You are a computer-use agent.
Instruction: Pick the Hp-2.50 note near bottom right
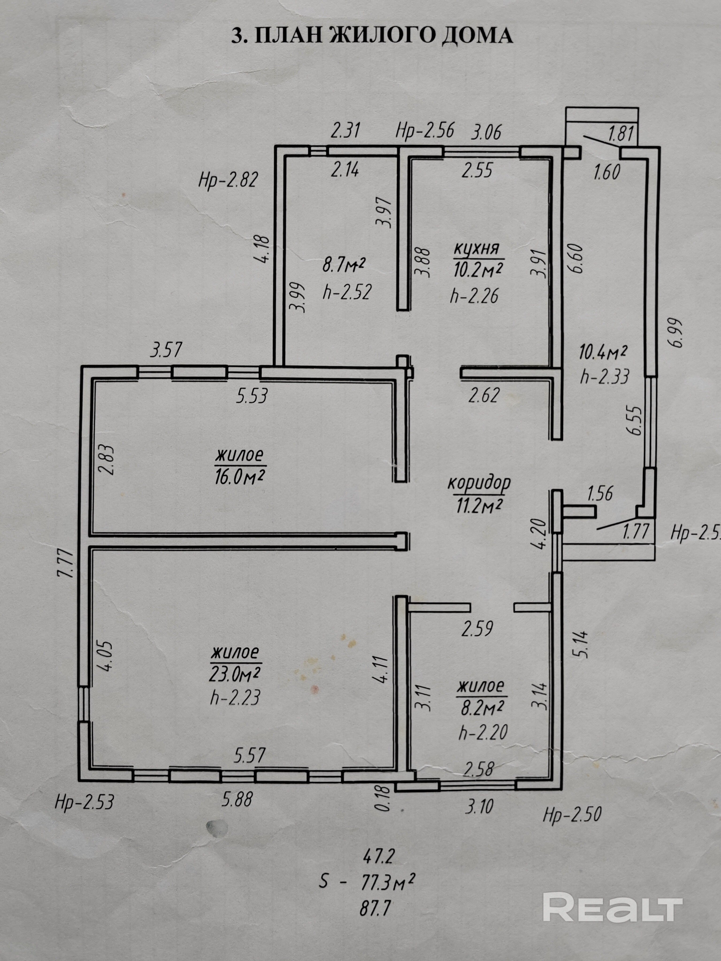pos(572,814)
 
